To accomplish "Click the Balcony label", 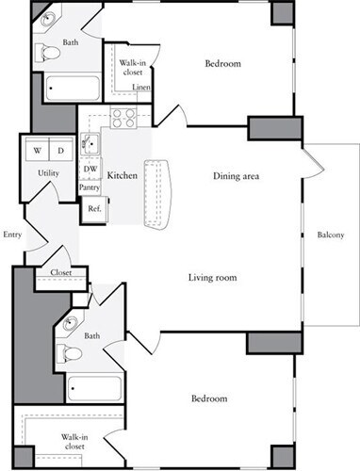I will pyautogui.click(x=330, y=235).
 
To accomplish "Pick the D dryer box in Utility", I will pyautogui.click(x=59, y=150).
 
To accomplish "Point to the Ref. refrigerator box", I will pyautogui.click(x=94, y=209).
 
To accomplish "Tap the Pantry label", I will pyautogui.click(x=90, y=187).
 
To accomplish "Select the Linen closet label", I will pyautogui.click(x=141, y=88).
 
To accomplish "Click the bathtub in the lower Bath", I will pyautogui.click(x=94, y=388).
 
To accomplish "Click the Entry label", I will pyautogui.click(x=12, y=234).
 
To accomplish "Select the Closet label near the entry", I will pyautogui.click(x=47, y=273).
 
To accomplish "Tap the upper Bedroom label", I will pyautogui.click(x=223, y=64).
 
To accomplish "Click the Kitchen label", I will pyautogui.click(x=123, y=176).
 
